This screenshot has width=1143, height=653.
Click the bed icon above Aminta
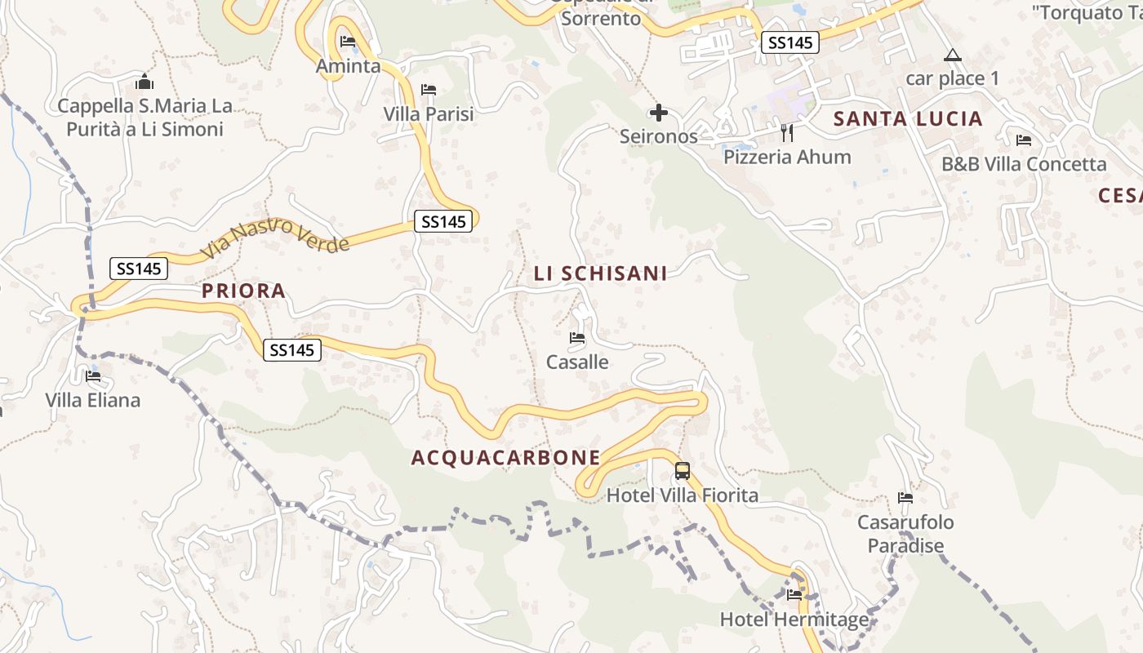click(348, 42)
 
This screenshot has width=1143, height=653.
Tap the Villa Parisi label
click(429, 113)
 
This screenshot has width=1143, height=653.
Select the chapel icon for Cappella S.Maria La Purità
click(145, 82)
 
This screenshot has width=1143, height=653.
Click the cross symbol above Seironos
click(658, 113)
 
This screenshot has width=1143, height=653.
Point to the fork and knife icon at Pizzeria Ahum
click(787, 132)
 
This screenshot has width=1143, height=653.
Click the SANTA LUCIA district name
click(907, 119)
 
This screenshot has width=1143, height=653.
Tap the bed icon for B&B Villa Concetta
click(1024, 140)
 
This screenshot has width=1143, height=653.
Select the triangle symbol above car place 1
click(952, 56)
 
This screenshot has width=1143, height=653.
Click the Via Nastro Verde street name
click(275, 236)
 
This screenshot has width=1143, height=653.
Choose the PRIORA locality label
click(243, 291)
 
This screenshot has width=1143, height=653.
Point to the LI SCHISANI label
click(601, 273)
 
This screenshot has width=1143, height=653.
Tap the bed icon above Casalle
click(577, 337)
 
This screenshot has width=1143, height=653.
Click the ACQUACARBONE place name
click(505, 458)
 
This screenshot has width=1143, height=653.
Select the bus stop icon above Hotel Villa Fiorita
click(683, 471)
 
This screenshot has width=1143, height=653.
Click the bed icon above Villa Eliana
click(93, 376)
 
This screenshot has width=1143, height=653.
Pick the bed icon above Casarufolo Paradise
click(905, 498)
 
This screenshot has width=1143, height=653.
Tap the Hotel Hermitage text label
click(794, 620)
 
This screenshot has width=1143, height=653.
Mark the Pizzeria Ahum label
click(787, 157)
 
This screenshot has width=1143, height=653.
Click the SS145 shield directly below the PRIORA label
click(292, 350)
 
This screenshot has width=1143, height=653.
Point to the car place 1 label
click(952, 78)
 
